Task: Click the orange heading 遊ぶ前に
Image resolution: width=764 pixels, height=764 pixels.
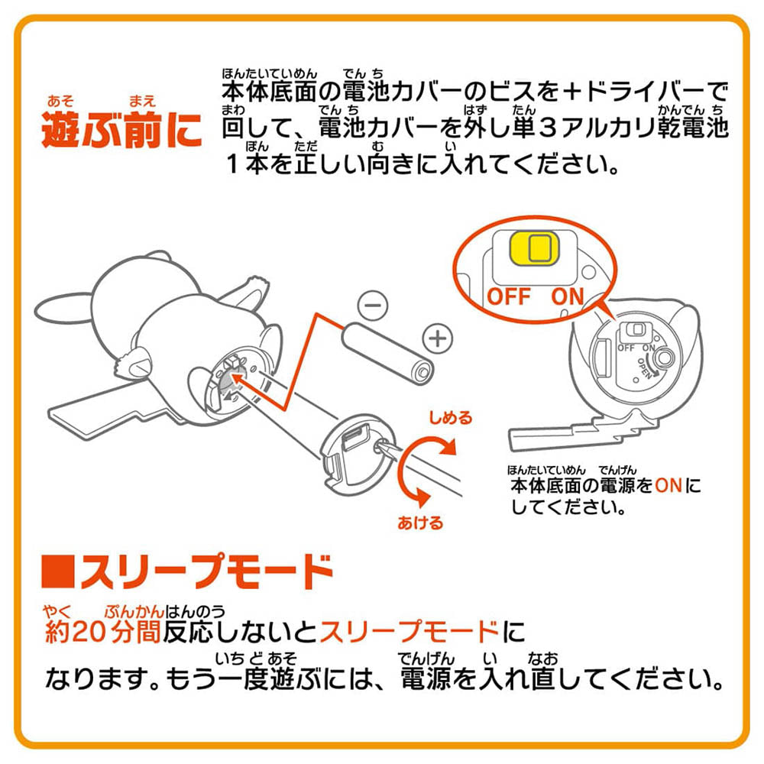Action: point(121,129)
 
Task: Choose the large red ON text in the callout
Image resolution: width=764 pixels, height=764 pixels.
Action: point(567,296)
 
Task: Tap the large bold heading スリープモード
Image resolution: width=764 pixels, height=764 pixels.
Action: point(206,571)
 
